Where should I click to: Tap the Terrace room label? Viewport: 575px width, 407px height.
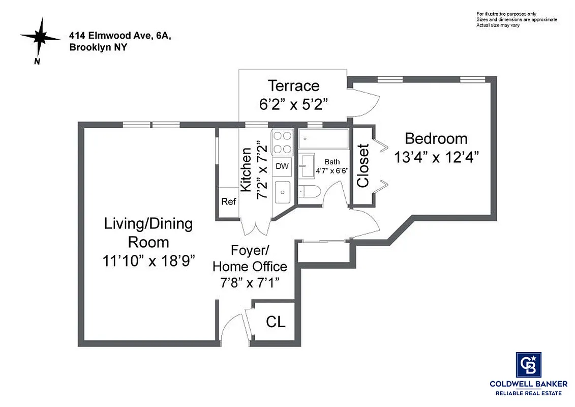[293, 85]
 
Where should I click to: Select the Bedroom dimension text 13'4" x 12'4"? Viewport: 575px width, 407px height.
[437, 157]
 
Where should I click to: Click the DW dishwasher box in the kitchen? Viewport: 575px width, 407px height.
[282, 166]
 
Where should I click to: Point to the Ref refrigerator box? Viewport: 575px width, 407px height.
[228, 201]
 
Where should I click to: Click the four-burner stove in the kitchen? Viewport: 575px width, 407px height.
[282, 142]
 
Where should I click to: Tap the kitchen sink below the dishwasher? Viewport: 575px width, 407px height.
[282, 193]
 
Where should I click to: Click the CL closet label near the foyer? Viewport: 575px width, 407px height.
[276, 322]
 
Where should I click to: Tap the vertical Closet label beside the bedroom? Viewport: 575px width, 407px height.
[363, 166]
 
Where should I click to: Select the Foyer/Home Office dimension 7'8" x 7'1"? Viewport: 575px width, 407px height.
[250, 282]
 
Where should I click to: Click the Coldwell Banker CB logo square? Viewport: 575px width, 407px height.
[528, 364]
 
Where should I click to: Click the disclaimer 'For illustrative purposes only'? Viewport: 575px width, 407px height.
[506, 14]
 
